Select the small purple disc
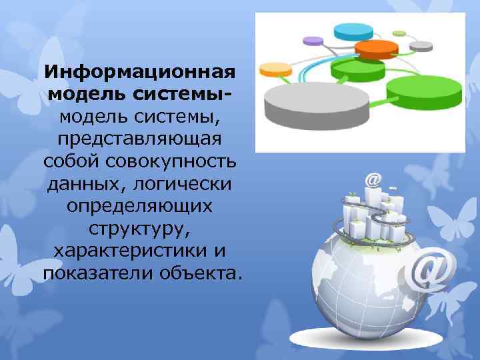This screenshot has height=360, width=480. [x=313, y=41]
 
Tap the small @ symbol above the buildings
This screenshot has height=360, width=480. [x=374, y=180]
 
